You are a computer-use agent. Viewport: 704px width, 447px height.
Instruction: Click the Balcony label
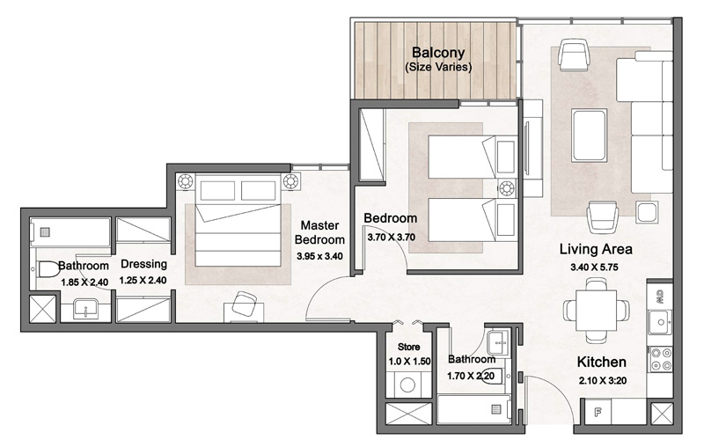(437, 52)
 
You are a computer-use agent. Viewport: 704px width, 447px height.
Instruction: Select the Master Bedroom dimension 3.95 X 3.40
(319, 256)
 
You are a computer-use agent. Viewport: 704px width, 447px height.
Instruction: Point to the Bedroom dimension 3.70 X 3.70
(391, 236)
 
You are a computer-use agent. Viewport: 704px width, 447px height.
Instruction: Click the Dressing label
(144, 264)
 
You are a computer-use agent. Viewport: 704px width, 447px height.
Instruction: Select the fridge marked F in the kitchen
(598, 410)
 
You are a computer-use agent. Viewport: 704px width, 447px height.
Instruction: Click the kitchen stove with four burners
(660, 358)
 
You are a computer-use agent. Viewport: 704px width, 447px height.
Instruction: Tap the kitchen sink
(660, 323)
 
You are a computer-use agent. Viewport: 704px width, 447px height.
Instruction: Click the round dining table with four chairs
(597, 309)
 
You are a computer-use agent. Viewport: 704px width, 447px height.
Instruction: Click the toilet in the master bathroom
(45, 273)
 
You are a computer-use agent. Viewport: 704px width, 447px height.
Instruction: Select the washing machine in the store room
(408, 384)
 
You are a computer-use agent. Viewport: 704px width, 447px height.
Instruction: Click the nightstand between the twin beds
(507, 187)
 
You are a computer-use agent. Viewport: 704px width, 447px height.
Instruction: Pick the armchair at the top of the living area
(574, 58)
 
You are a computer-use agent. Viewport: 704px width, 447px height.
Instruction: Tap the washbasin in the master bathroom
(86, 309)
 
